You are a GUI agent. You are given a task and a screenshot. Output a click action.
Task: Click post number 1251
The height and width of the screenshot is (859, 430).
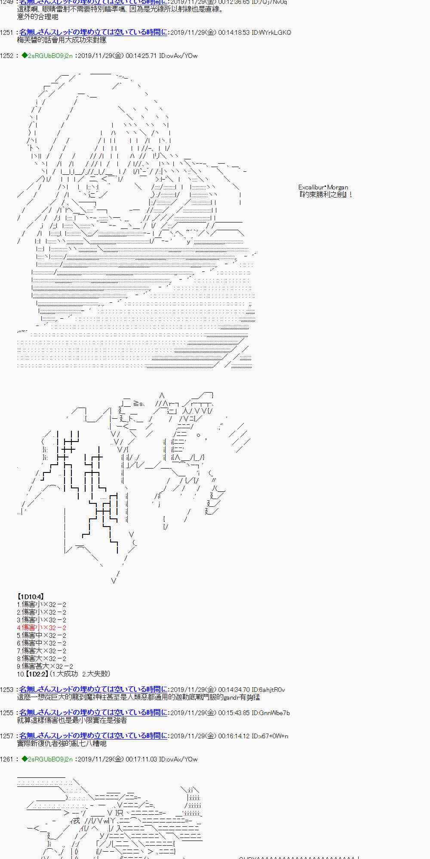tap(7, 33)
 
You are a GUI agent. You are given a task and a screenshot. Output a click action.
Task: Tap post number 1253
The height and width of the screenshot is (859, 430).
tap(7, 690)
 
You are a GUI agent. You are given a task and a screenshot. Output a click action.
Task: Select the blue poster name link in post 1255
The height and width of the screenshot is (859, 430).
tap(93, 713)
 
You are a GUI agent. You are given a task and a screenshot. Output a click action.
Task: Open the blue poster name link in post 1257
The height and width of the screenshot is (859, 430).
tap(93, 736)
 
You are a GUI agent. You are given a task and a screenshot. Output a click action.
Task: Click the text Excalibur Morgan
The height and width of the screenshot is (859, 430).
tap(323, 187)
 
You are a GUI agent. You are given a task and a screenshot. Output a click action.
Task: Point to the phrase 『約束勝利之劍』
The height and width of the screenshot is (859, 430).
tap(326, 195)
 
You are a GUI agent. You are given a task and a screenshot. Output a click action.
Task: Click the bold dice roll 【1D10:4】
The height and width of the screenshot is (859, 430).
tap(31, 597)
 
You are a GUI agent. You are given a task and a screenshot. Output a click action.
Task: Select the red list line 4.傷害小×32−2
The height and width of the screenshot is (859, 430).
tap(42, 627)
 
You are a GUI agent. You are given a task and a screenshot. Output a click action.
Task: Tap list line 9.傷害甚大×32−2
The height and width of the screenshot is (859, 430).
tap(45, 666)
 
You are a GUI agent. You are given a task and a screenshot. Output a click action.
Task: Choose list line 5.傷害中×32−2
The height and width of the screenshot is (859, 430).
tap(42, 635)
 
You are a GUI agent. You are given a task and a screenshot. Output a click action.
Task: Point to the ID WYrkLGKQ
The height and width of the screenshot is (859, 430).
tap(276, 33)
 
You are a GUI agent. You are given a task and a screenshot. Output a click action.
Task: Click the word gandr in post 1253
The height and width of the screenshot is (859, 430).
tap(234, 697)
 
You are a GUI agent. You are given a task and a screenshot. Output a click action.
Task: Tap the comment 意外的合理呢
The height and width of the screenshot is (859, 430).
tap(37, 17)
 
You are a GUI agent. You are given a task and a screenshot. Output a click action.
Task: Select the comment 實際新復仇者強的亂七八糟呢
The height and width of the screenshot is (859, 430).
tap(61, 743)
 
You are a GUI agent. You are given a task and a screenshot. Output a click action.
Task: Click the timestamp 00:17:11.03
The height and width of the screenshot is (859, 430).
tap(141, 759)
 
